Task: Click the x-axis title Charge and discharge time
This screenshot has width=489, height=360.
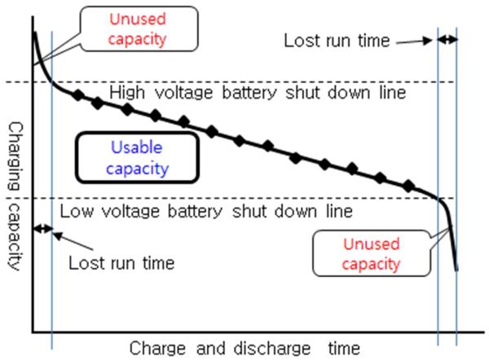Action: pos(244,349)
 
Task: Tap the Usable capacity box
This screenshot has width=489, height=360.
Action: pos(137,158)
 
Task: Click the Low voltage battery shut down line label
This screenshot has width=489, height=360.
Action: pos(206,212)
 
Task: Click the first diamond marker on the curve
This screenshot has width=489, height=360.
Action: pos(78,95)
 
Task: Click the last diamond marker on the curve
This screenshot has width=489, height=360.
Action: pos(407,185)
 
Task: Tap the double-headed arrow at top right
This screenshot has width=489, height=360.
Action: pos(447,38)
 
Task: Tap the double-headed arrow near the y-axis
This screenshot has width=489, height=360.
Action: pos(42,229)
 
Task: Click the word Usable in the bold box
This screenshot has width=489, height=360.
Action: pos(137,147)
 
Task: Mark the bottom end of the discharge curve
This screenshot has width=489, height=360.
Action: pos(456,269)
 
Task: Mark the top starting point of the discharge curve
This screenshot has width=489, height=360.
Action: pos(34,33)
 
